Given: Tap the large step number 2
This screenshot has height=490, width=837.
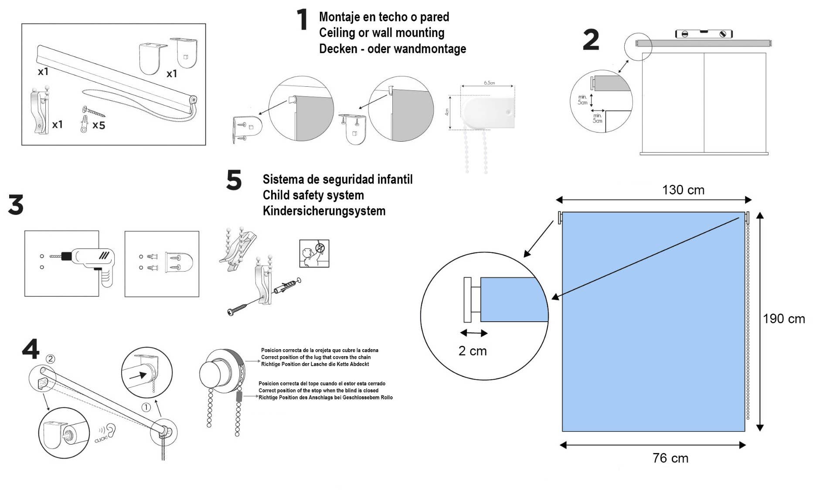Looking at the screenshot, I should click(x=591, y=40).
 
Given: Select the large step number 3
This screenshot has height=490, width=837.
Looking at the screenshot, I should click(x=16, y=205).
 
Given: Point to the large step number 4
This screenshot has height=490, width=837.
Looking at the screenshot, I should click(x=31, y=349).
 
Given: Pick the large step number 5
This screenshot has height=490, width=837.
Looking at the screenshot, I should click(x=234, y=180).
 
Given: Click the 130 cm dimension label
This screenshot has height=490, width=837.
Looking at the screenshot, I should click(x=683, y=190).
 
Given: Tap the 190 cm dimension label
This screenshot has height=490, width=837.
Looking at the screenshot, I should click(x=784, y=319).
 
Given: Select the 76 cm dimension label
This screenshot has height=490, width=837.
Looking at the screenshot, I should click(x=670, y=458).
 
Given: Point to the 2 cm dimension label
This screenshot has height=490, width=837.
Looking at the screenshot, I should click(x=473, y=351).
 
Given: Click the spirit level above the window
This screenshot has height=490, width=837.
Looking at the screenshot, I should click(x=704, y=34).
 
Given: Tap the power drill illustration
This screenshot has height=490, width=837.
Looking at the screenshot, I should click(x=89, y=262).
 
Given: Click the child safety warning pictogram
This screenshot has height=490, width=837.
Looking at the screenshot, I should click(x=314, y=253).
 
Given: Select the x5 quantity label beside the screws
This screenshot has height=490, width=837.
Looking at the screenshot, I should click(x=99, y=126).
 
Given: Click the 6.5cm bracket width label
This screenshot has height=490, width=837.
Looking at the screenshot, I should click(x=489, y=83).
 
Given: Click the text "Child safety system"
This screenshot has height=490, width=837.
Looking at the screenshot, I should click(x=313, y=195).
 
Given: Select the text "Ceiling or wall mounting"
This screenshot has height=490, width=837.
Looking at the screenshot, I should click(x=381, y=33).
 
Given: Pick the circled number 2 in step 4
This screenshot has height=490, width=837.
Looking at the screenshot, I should click(x=51, y=359).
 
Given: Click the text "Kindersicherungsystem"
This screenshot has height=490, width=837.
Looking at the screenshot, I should click(x=324, y=211).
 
